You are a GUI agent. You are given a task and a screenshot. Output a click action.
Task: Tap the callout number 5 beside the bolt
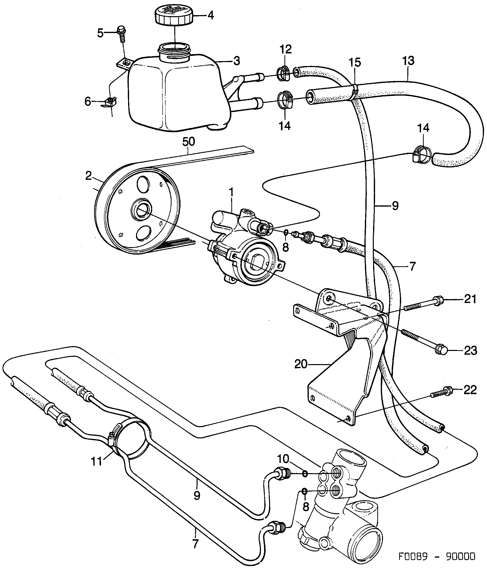[x=100, y=33]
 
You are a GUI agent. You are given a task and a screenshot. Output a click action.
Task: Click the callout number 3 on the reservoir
[x=237, y=61]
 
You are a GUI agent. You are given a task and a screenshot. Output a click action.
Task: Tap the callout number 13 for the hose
[x=408, y=61]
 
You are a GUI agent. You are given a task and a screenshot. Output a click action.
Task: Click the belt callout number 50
[x=188, y=142]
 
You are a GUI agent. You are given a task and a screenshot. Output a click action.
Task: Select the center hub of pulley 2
[x=141, y=209]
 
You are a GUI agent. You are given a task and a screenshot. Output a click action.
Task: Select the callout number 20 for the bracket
[x=301, y=364]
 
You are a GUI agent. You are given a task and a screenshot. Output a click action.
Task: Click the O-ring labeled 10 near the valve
[x=305, y=474]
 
